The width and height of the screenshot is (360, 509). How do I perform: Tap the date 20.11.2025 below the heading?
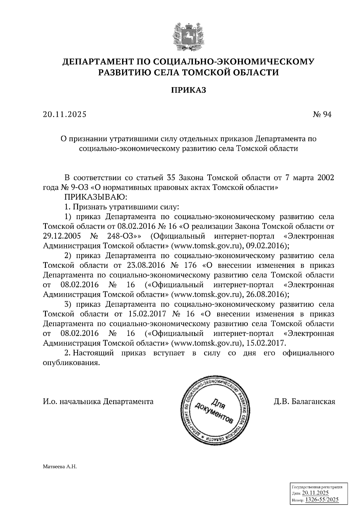pos(64,115)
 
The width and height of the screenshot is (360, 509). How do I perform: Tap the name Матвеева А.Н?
pos(60,467)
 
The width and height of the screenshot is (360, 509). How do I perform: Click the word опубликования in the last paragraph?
pos(71,363)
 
